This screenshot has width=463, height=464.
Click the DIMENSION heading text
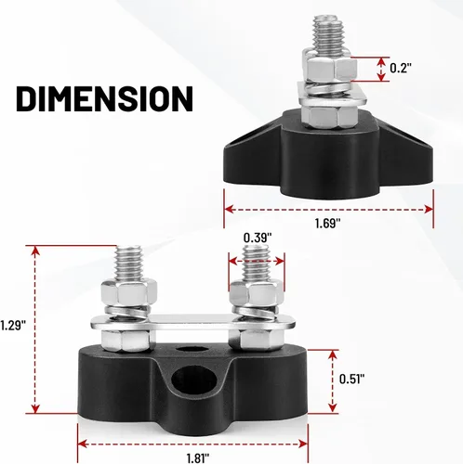104,98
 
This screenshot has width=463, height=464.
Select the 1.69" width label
328,223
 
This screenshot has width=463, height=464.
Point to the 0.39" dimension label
258,238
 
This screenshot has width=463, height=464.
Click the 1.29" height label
12,326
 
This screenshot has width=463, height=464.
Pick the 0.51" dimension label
352,379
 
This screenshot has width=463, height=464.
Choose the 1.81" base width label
198,458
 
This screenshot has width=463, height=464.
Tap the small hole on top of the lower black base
192,349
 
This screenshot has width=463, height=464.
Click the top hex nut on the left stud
128,293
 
